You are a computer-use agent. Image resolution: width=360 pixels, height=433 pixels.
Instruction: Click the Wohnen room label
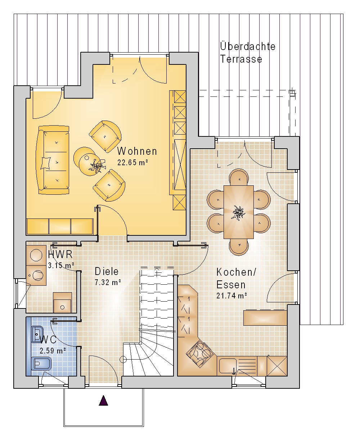pos(137,151)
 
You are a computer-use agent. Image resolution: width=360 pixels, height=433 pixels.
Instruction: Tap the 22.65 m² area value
pos(133,162)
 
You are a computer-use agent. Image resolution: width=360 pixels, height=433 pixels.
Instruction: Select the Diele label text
pos(107,271)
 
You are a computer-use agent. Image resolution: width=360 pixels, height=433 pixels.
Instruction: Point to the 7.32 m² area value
pos(108,282)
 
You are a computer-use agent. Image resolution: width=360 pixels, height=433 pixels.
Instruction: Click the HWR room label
pos(60,254)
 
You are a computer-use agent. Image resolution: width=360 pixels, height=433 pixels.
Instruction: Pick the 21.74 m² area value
pos(231,296)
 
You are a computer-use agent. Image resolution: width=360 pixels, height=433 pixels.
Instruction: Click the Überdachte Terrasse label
pos(248,53)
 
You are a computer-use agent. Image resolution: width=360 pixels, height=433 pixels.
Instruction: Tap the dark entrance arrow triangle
pos(103,400)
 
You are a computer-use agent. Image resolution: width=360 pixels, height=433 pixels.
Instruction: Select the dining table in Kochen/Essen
pos(238,212)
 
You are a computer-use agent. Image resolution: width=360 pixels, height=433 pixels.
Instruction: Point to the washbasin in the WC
pos(37,334)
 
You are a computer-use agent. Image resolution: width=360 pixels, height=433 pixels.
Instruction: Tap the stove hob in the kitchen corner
pos(200,352)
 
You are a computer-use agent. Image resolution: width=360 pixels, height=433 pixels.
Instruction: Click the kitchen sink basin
pos(227,367)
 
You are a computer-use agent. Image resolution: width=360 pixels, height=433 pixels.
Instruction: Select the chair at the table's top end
pos(239,177)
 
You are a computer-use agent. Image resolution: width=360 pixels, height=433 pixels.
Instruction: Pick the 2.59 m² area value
pos(53,351)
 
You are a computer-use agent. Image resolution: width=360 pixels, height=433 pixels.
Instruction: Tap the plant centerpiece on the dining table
pos(238,213)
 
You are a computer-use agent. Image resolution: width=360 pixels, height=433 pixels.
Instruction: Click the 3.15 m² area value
pos(61,265)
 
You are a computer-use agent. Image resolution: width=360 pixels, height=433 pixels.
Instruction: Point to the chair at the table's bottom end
pos(239,247)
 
